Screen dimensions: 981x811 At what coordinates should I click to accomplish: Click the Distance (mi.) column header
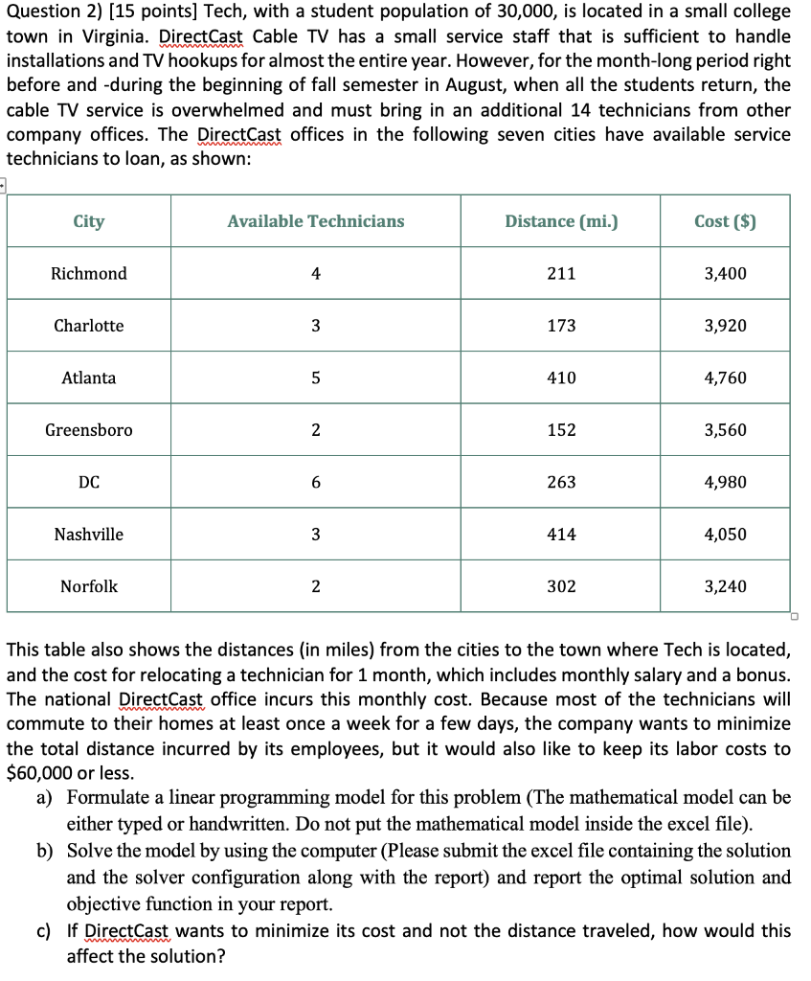561,221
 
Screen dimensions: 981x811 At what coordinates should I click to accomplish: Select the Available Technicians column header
316,221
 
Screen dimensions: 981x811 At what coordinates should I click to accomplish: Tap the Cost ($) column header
725,221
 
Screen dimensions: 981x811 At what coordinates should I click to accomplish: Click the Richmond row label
89,274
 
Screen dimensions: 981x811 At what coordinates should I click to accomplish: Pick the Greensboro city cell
89,430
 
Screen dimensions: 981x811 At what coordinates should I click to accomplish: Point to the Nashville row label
89,535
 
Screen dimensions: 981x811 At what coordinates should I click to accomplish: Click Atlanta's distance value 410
561,378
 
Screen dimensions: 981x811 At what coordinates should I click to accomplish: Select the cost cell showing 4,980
725,482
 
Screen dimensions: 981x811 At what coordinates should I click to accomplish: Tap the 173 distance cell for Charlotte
561,326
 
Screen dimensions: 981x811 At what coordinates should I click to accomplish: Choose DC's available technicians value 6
316,482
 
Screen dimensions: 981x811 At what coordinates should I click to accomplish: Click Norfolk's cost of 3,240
725,586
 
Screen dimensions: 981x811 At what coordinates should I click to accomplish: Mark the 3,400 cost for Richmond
725,274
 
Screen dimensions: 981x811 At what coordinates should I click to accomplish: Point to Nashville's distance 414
561,535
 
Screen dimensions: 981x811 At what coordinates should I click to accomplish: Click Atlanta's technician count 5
316,378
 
